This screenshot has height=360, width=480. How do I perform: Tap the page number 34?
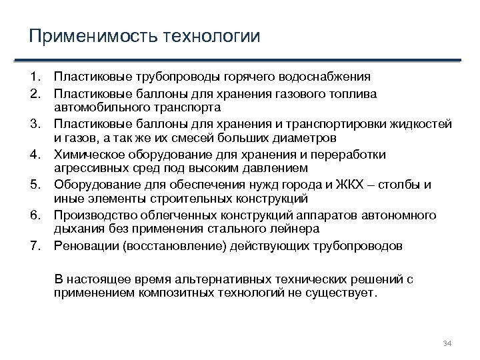[447, 343]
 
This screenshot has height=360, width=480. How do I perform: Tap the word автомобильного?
[101, 107]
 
